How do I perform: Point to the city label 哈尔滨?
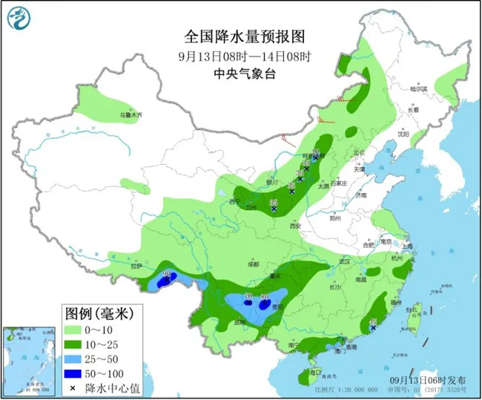[420, 88]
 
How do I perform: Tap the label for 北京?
[360, 153]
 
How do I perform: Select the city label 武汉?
[343, 261]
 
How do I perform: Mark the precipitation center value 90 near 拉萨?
[167, 275]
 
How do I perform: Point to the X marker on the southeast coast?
[373, 327]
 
